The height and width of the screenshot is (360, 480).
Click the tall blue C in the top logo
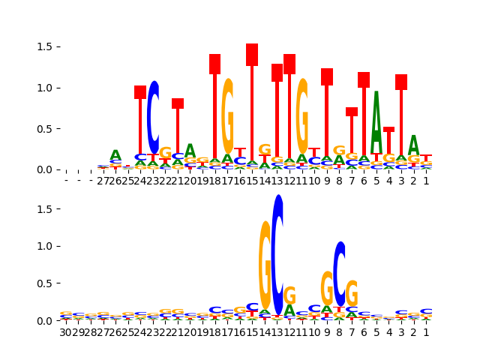point(153,117)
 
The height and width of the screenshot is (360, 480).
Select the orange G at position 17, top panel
point(227,116)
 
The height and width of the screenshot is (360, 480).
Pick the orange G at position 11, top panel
point(302,116)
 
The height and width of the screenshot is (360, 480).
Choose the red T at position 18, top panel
point(215,112)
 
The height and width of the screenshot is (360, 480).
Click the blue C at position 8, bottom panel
point(340,274)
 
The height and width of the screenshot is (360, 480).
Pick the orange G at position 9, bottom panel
point(327,289)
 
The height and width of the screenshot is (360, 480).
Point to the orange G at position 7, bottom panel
point(352,294)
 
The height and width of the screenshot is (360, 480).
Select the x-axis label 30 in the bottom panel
point(66,332)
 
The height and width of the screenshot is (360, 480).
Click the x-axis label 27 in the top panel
point(103,181)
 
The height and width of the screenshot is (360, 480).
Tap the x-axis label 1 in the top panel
point(426,181)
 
